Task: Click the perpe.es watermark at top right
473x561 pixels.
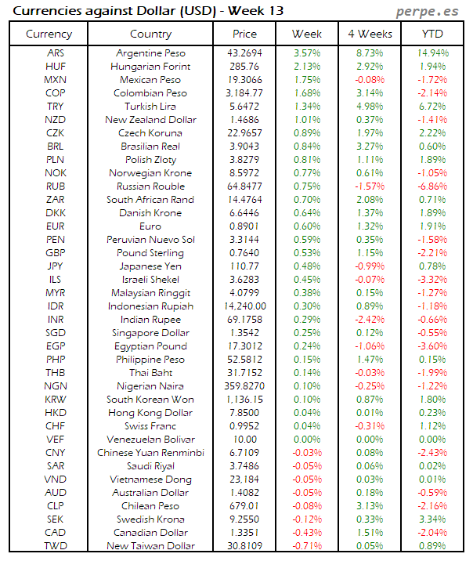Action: [428, 10]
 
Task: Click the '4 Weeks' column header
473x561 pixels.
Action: [369, 34]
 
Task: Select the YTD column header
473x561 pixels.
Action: [432, 34]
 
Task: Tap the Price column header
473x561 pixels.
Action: [244, 34]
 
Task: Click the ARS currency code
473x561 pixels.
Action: [56, 53]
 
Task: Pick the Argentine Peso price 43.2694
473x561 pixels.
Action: [244, 53]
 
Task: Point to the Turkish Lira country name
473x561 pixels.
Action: [150, 107]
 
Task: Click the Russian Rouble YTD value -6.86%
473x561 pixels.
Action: [432, 186]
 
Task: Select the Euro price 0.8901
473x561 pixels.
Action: [244, 226]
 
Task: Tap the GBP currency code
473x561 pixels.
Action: [56, 253]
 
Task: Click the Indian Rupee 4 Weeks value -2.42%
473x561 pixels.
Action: [369, 320]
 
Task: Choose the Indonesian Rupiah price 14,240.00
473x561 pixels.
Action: [244, 306]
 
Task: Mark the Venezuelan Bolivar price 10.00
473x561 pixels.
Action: [244, 440]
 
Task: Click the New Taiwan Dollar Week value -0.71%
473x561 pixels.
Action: [307, 546]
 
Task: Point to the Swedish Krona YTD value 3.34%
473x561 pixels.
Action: [432, 519]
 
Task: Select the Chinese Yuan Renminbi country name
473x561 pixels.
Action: [150, 453]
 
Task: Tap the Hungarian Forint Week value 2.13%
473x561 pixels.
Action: [307, 67]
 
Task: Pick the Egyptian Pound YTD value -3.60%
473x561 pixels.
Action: [432, 346]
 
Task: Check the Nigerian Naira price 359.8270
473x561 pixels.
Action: [244, 386]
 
